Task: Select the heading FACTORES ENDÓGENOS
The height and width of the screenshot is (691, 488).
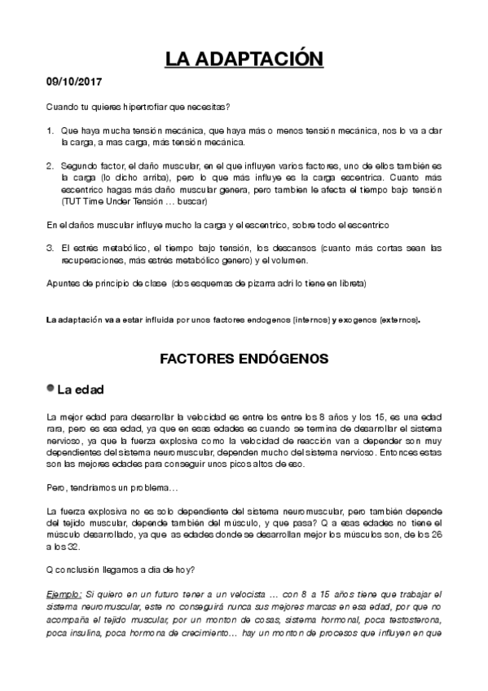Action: pos(244,358)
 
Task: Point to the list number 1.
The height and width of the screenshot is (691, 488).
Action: pos(50,130)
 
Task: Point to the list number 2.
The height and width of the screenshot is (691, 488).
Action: pos(50,165)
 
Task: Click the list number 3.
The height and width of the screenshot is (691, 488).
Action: pos(50,247)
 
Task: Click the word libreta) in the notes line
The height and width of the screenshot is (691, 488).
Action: pos(349,284)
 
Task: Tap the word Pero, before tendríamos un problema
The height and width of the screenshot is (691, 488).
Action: pos(57,488)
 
